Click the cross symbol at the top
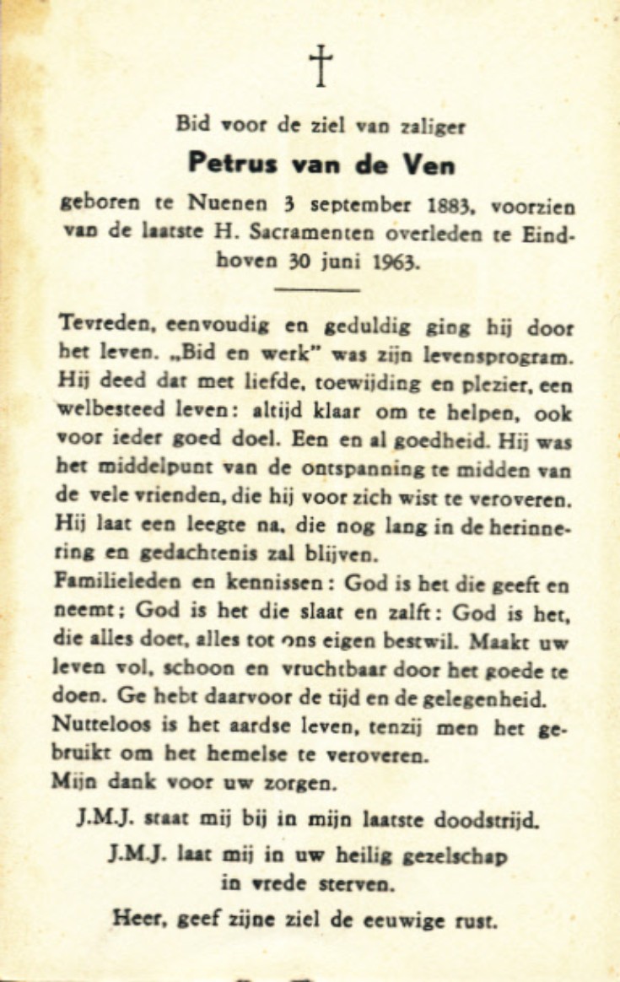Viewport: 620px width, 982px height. point(321,66)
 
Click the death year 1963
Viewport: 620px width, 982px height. point(391,262)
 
